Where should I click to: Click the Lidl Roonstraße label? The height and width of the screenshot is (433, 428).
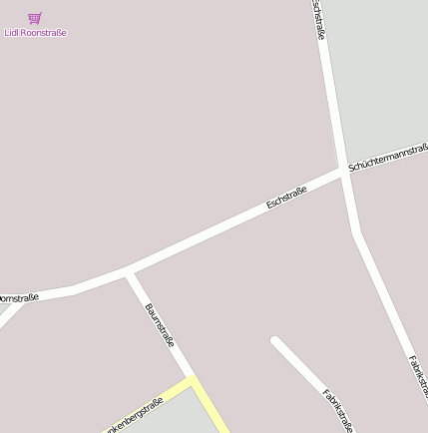[36, 33]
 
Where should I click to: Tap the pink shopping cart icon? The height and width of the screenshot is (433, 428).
[35, 18]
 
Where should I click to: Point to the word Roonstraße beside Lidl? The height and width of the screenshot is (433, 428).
[44, 33]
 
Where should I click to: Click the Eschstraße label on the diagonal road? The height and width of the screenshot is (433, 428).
[286, 197]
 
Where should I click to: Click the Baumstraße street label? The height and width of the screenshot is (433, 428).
[160, 325]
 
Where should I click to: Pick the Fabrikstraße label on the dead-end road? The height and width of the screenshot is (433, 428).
[337, 410]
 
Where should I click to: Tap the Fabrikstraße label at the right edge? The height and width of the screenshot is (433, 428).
[418, 384]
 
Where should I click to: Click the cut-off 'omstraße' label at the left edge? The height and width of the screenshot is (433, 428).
[18, 298]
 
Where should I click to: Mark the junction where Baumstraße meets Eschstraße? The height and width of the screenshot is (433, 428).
[127, 271]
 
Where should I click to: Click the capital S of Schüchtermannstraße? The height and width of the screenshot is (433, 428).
[352, 168]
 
